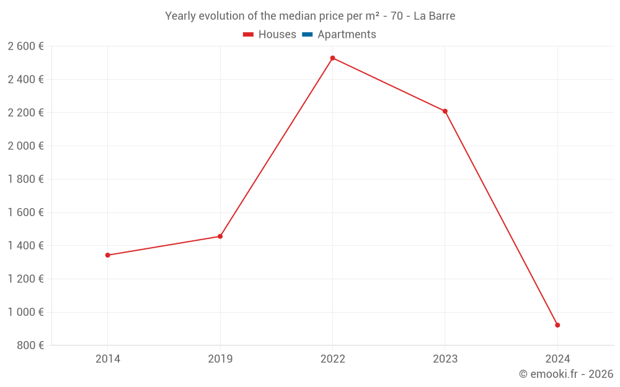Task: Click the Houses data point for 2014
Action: [x=108, y=255]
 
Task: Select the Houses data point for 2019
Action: [x=220, y=237]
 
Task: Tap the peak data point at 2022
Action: [x=333, y=58]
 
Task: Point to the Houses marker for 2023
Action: [x=445, y=111]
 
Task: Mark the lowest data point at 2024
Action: [x=557, y=325]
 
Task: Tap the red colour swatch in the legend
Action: [x=248, y=35]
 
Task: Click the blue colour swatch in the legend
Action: [x=307, y=35]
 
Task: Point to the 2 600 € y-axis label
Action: [x=25, y=46]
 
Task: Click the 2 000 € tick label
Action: [x=25, y=146]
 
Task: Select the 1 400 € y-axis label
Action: [x=25, y=246]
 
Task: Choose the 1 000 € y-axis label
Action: [x=25, y=312]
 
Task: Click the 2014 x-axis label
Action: [x=108, y=359]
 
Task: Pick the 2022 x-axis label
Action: [x=333, y=359]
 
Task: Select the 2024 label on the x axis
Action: [x=557, y=359]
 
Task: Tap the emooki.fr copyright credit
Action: [x=566, y=374]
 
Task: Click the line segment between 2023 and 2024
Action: [x=501, y=218]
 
